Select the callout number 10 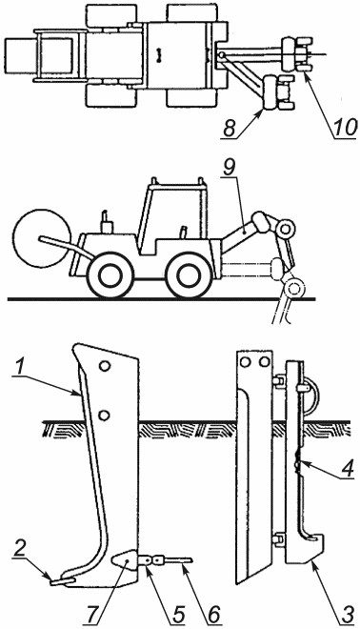tap(346, 129)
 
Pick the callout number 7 tap(98, 614)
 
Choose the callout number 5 tap(177, 614)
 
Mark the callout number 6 tap(213, 614)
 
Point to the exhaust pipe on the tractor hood tap(106, 222)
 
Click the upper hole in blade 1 tap(105, 366)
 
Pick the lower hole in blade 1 tap(104, 416)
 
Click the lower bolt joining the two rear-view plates tap(278, 539)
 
